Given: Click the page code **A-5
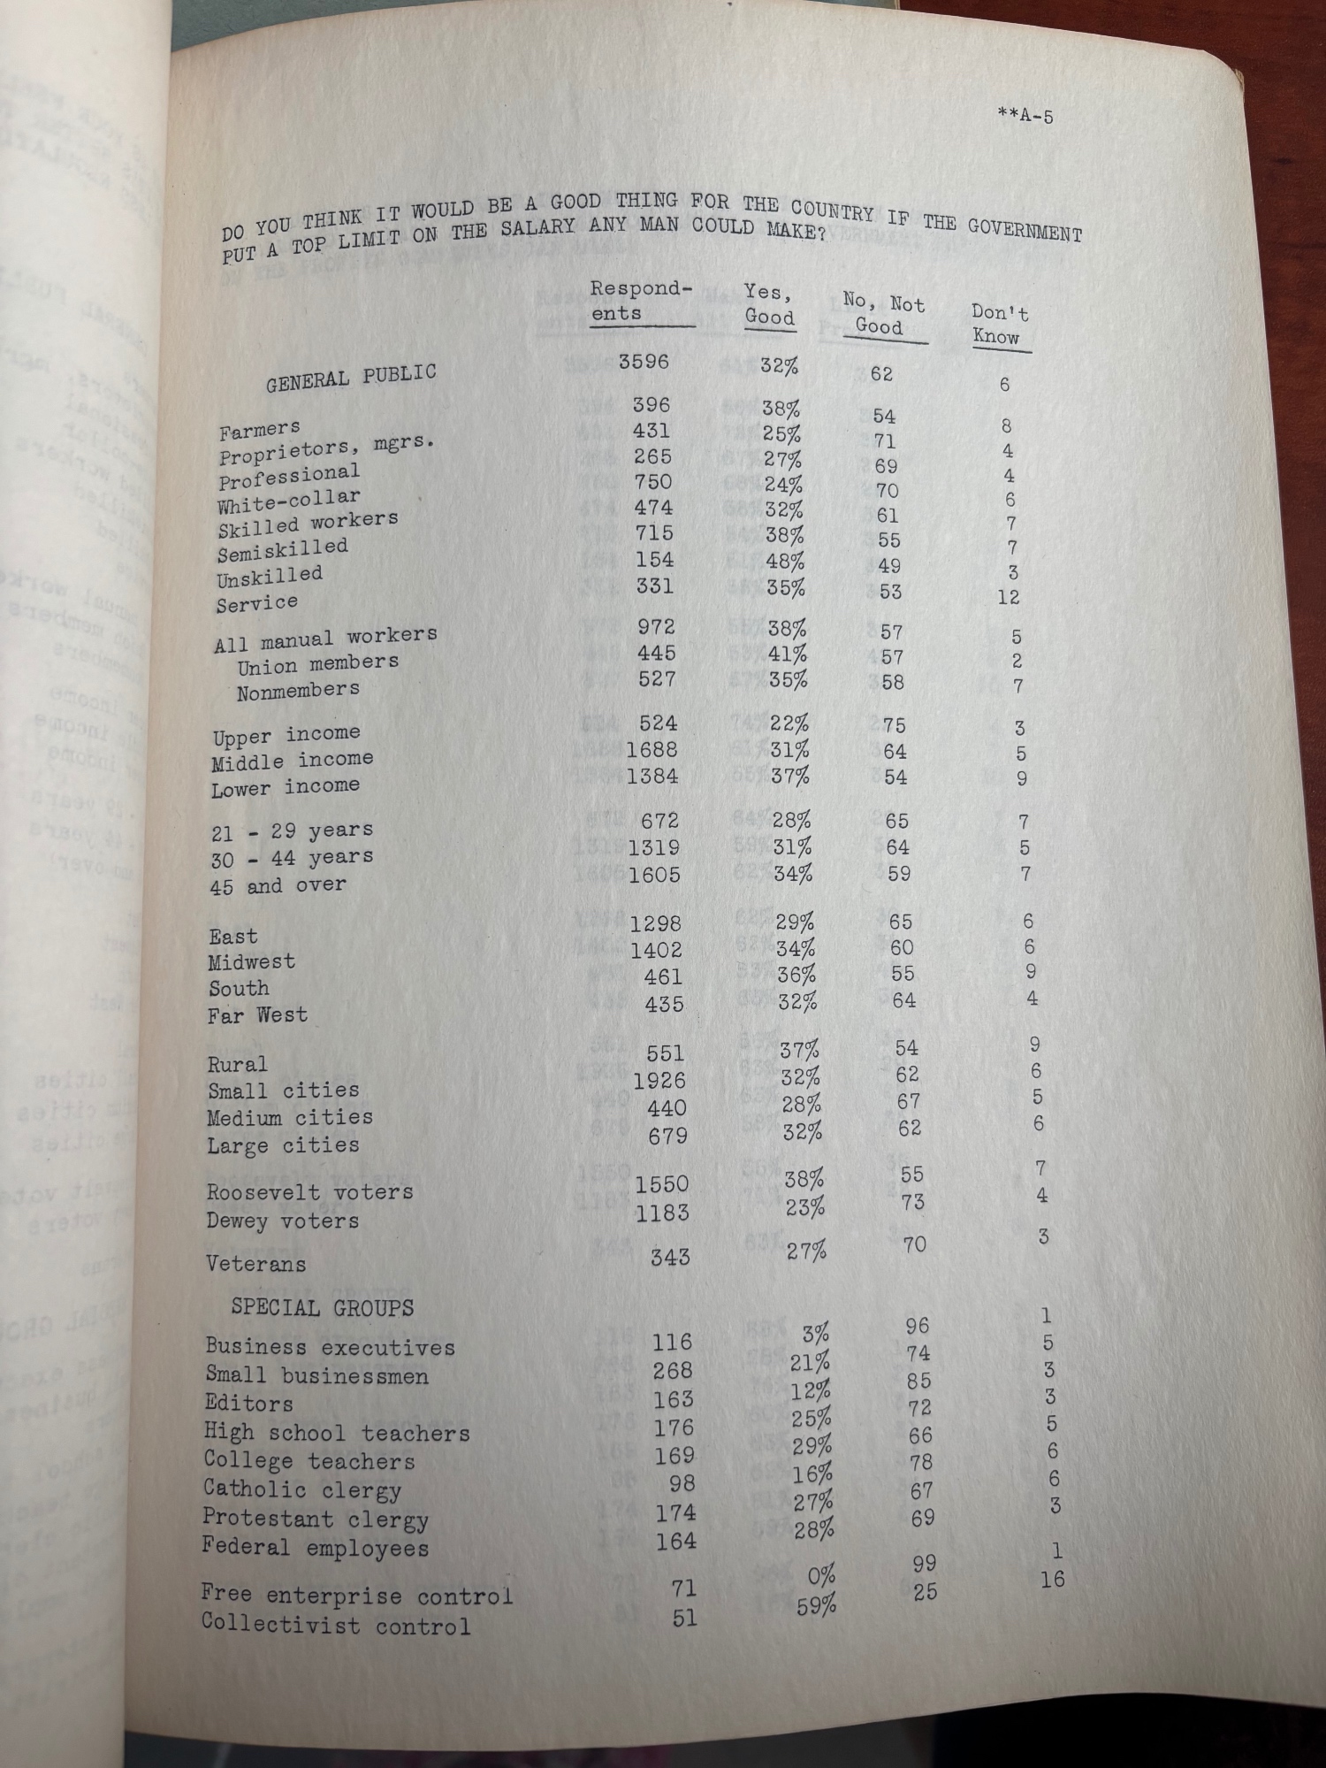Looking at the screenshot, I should pyautogui.click(x=1025, y=116).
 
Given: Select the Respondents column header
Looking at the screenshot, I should pyautogui.click(x=641, y=301).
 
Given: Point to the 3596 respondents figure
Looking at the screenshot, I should pyautogui.click(x=644, y=362).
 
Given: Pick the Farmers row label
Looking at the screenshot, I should pyautogui.click(x=259, y=431).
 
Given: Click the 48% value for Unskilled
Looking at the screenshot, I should pyautogui.click(x=782, y=562).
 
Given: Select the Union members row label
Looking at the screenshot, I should pyautogui.click(x=316, y=663).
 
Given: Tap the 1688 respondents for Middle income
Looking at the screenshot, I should pyautogui.click(x=652, y=750).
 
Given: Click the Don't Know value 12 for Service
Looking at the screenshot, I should pyautogui.click(x=1008, y=597).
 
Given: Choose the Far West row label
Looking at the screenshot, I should pyautogui.click(x=257, y=1015).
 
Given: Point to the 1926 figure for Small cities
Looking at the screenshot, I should pyautogui.click(x=659, y=1080).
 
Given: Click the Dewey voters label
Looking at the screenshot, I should pyautogui.click(x=282, y=1221).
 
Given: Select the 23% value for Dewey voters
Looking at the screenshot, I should pyautogui.click(x=804, y=1206).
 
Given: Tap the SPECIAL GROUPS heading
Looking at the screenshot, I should pyautogui.click(x=322, y=1307).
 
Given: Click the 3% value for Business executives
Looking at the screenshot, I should pyautogui.click(x=816, y=1334).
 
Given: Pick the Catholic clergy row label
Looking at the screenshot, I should pyautogui.click(x=302, y=1489).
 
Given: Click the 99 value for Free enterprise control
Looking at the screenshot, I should pyautogui.click(x=924, y=1564).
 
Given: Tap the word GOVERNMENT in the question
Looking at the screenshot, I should pyautogui.click(x=1024, y=229).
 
